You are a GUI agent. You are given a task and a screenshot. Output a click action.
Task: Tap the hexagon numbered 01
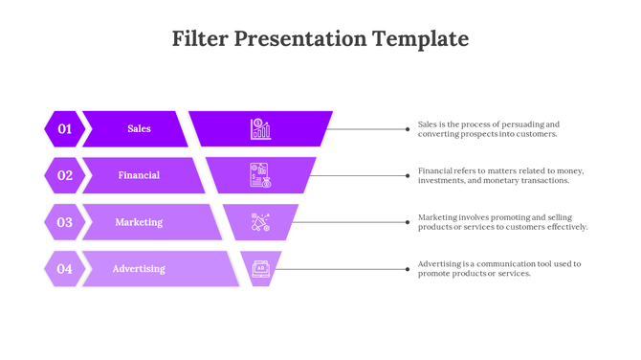click(x=64, y=128)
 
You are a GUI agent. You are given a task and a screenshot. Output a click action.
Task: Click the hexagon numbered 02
click(x=64, y=175)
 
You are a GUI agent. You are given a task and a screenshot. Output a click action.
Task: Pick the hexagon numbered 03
click(x=64, y=222)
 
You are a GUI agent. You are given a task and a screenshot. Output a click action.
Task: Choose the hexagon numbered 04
click(x=64, y=269)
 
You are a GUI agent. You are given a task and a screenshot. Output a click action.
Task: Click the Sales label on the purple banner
click(x=139, y=128)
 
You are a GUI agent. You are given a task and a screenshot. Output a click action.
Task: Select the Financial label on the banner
click(x=139, y=175)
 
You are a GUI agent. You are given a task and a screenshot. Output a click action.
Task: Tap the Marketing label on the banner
click(x=139, y=222)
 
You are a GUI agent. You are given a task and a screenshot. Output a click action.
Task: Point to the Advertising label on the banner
click(x=139, y=269)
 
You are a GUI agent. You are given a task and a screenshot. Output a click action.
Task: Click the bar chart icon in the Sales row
click(x=260, y=128)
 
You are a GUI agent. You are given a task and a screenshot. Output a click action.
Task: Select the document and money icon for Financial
click(x=260, y=175)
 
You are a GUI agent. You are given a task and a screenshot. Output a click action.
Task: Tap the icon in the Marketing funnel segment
click(x=260, y=222)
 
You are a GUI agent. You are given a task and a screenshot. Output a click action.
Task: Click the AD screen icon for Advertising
click(x=260, y=269)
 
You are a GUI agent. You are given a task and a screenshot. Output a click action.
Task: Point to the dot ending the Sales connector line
click(x=408, y=128)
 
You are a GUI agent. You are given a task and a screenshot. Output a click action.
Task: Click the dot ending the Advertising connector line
click(x=408, y=269)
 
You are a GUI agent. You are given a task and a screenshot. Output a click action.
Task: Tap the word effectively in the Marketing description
click(x=566, y=228)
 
